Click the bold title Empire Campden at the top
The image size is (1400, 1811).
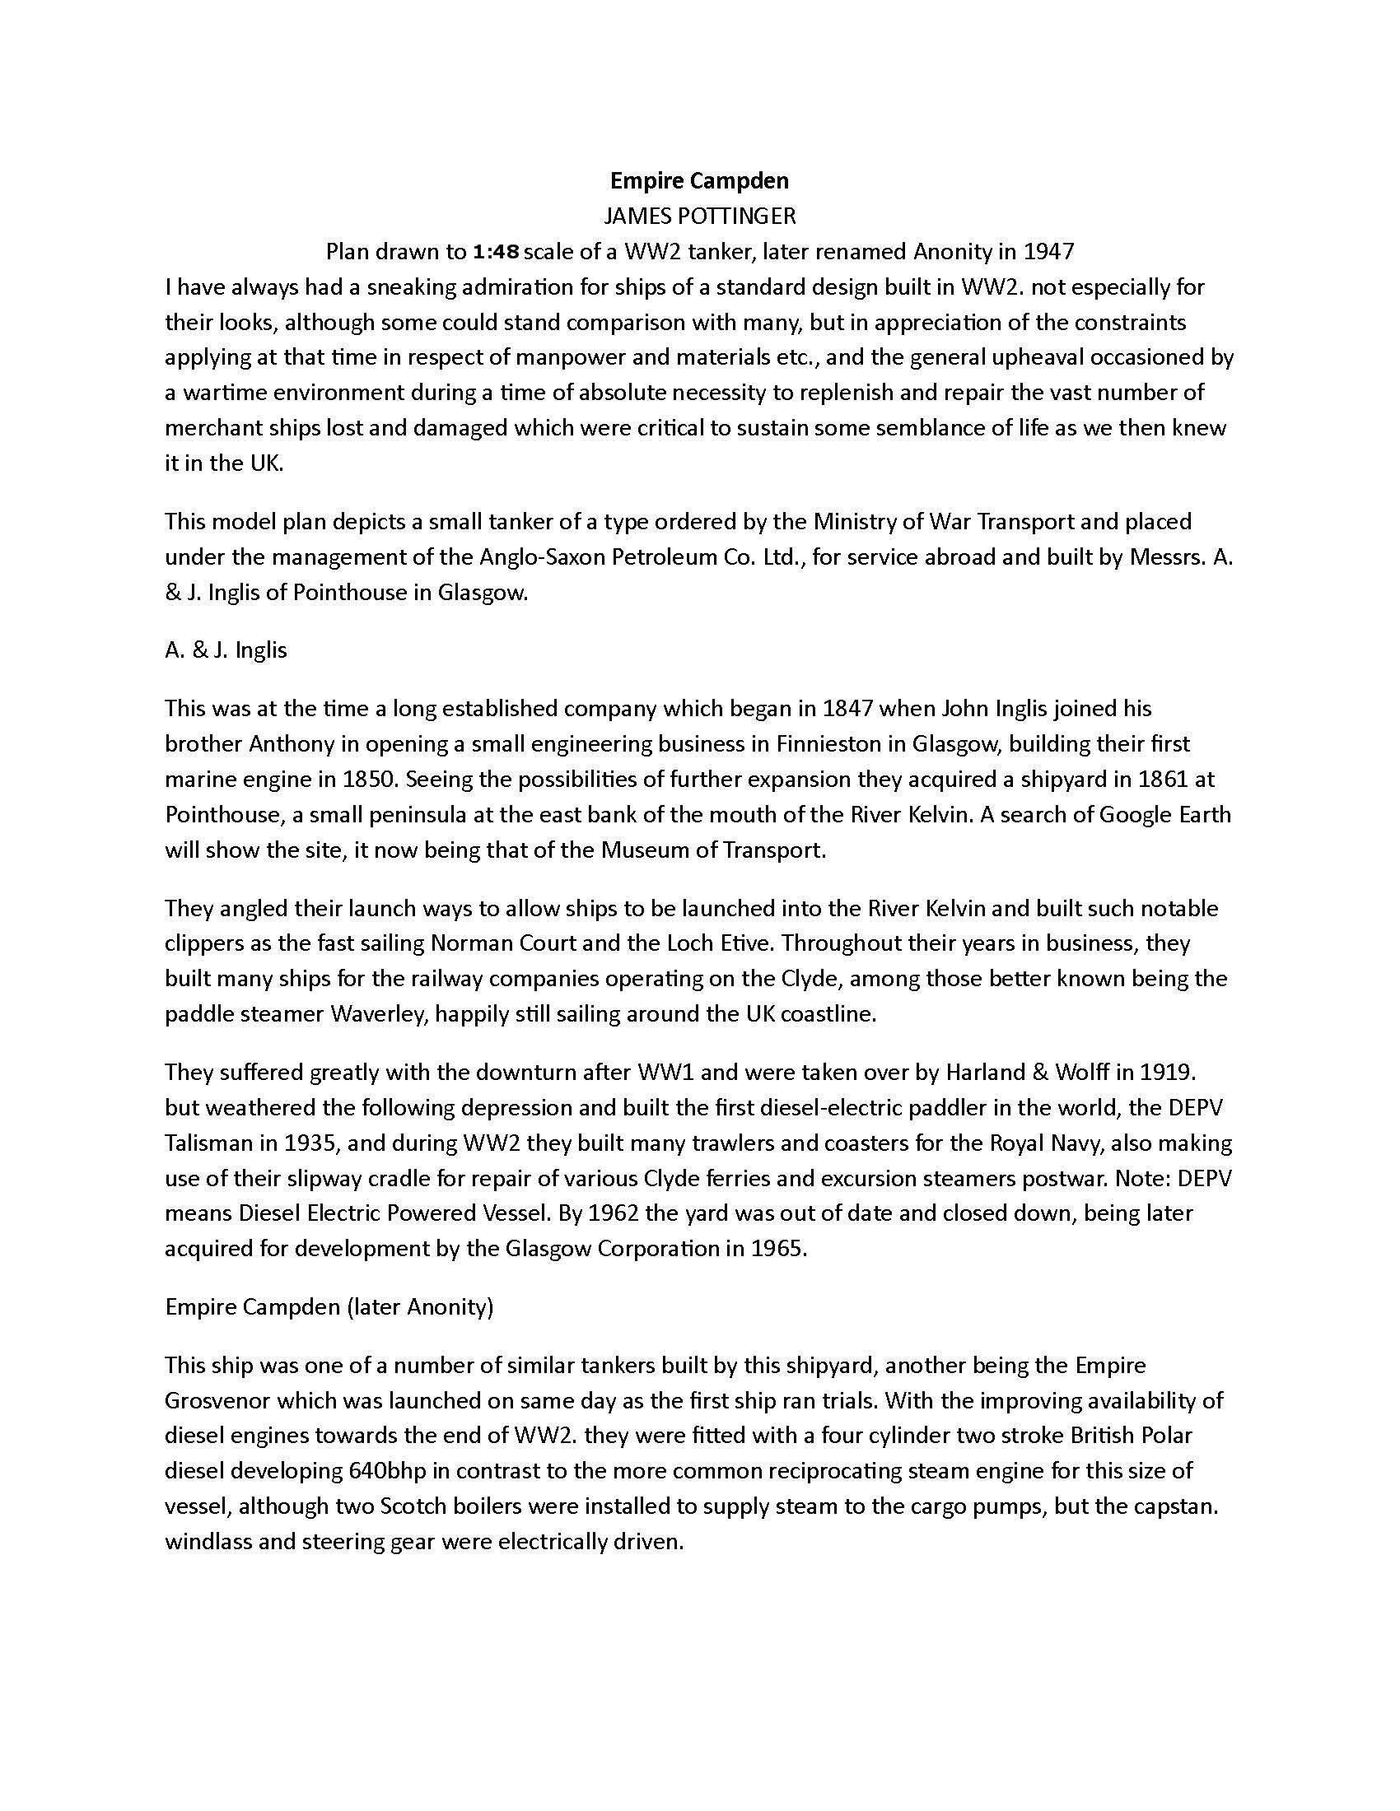pos(699,180)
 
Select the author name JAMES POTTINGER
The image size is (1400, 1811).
pos(699,216)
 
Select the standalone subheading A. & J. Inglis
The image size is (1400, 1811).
pos(226,649)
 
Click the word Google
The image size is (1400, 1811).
pos(1137,814)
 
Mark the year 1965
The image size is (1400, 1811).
pos(778,1249)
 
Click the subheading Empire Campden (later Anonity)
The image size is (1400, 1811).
pos(329,1307)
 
